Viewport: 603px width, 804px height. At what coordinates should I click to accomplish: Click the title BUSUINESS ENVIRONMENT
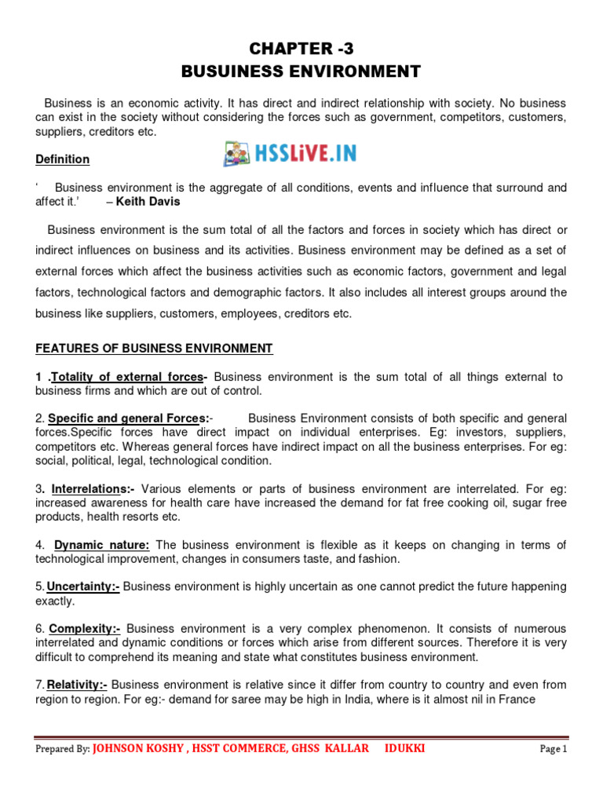(x=301, y=71)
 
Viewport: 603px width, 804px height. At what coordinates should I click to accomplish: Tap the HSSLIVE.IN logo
(x=290, y=153)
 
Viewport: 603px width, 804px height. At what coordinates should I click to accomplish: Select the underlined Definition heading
(x=63, y=159)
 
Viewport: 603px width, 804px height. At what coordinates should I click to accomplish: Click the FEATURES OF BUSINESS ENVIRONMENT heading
(x=154, y=349)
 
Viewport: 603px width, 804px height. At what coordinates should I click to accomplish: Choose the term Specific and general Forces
(x=129, y=418)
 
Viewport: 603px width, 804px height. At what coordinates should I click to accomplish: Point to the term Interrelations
(x=86, y=488)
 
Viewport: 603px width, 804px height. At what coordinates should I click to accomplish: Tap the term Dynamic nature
(x=102, y=545)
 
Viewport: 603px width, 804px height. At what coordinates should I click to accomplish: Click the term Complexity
(x=85, y=628)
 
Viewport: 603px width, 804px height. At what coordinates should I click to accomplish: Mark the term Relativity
(x=81, y=685)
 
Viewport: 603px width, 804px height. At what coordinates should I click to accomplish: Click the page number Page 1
(x=553, y=749)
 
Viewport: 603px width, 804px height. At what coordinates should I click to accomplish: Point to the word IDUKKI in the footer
(x=405, y=748)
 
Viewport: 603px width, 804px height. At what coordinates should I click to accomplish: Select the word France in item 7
(x=517, y=699)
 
